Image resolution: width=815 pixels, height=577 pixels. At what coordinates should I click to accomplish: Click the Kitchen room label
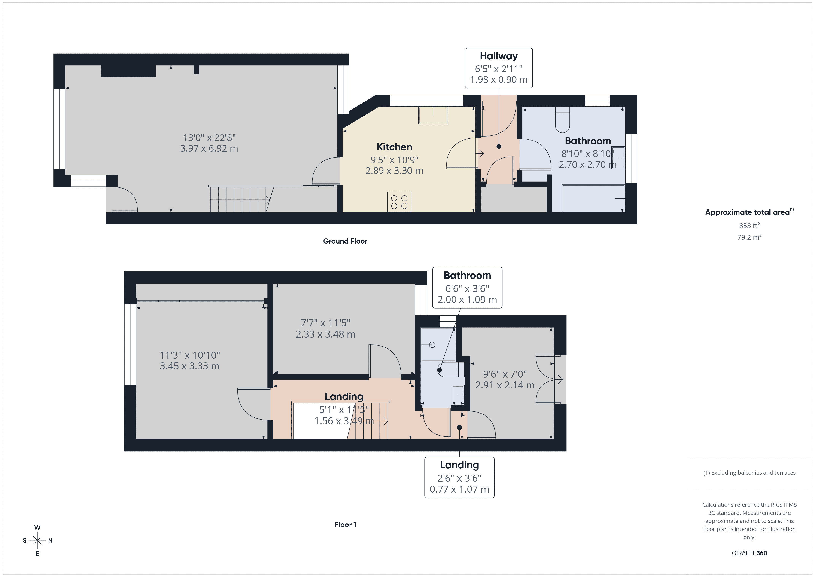(394, 147)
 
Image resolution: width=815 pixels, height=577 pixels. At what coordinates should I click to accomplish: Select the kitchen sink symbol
(433, 115)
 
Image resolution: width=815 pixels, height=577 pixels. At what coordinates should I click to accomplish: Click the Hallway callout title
(499, 56)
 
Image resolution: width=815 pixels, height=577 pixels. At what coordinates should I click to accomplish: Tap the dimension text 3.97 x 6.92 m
(209, 148)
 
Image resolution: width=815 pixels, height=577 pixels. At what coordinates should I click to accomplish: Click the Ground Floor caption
(345, 241)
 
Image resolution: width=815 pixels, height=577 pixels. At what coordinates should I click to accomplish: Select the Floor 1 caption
(345, 525)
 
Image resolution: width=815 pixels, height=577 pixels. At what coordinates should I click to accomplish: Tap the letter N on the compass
(50, 540)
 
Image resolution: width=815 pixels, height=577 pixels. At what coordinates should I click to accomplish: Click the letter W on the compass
(37, 528)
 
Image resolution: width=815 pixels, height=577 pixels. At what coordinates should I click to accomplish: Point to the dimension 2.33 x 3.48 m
(325, 334)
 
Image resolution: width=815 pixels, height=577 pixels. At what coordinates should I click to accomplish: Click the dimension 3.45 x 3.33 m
(190, 366)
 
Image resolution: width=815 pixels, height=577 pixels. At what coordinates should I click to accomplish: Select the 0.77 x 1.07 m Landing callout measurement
(459, 489)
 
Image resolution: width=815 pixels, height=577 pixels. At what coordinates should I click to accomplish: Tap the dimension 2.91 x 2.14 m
(505, 385)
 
